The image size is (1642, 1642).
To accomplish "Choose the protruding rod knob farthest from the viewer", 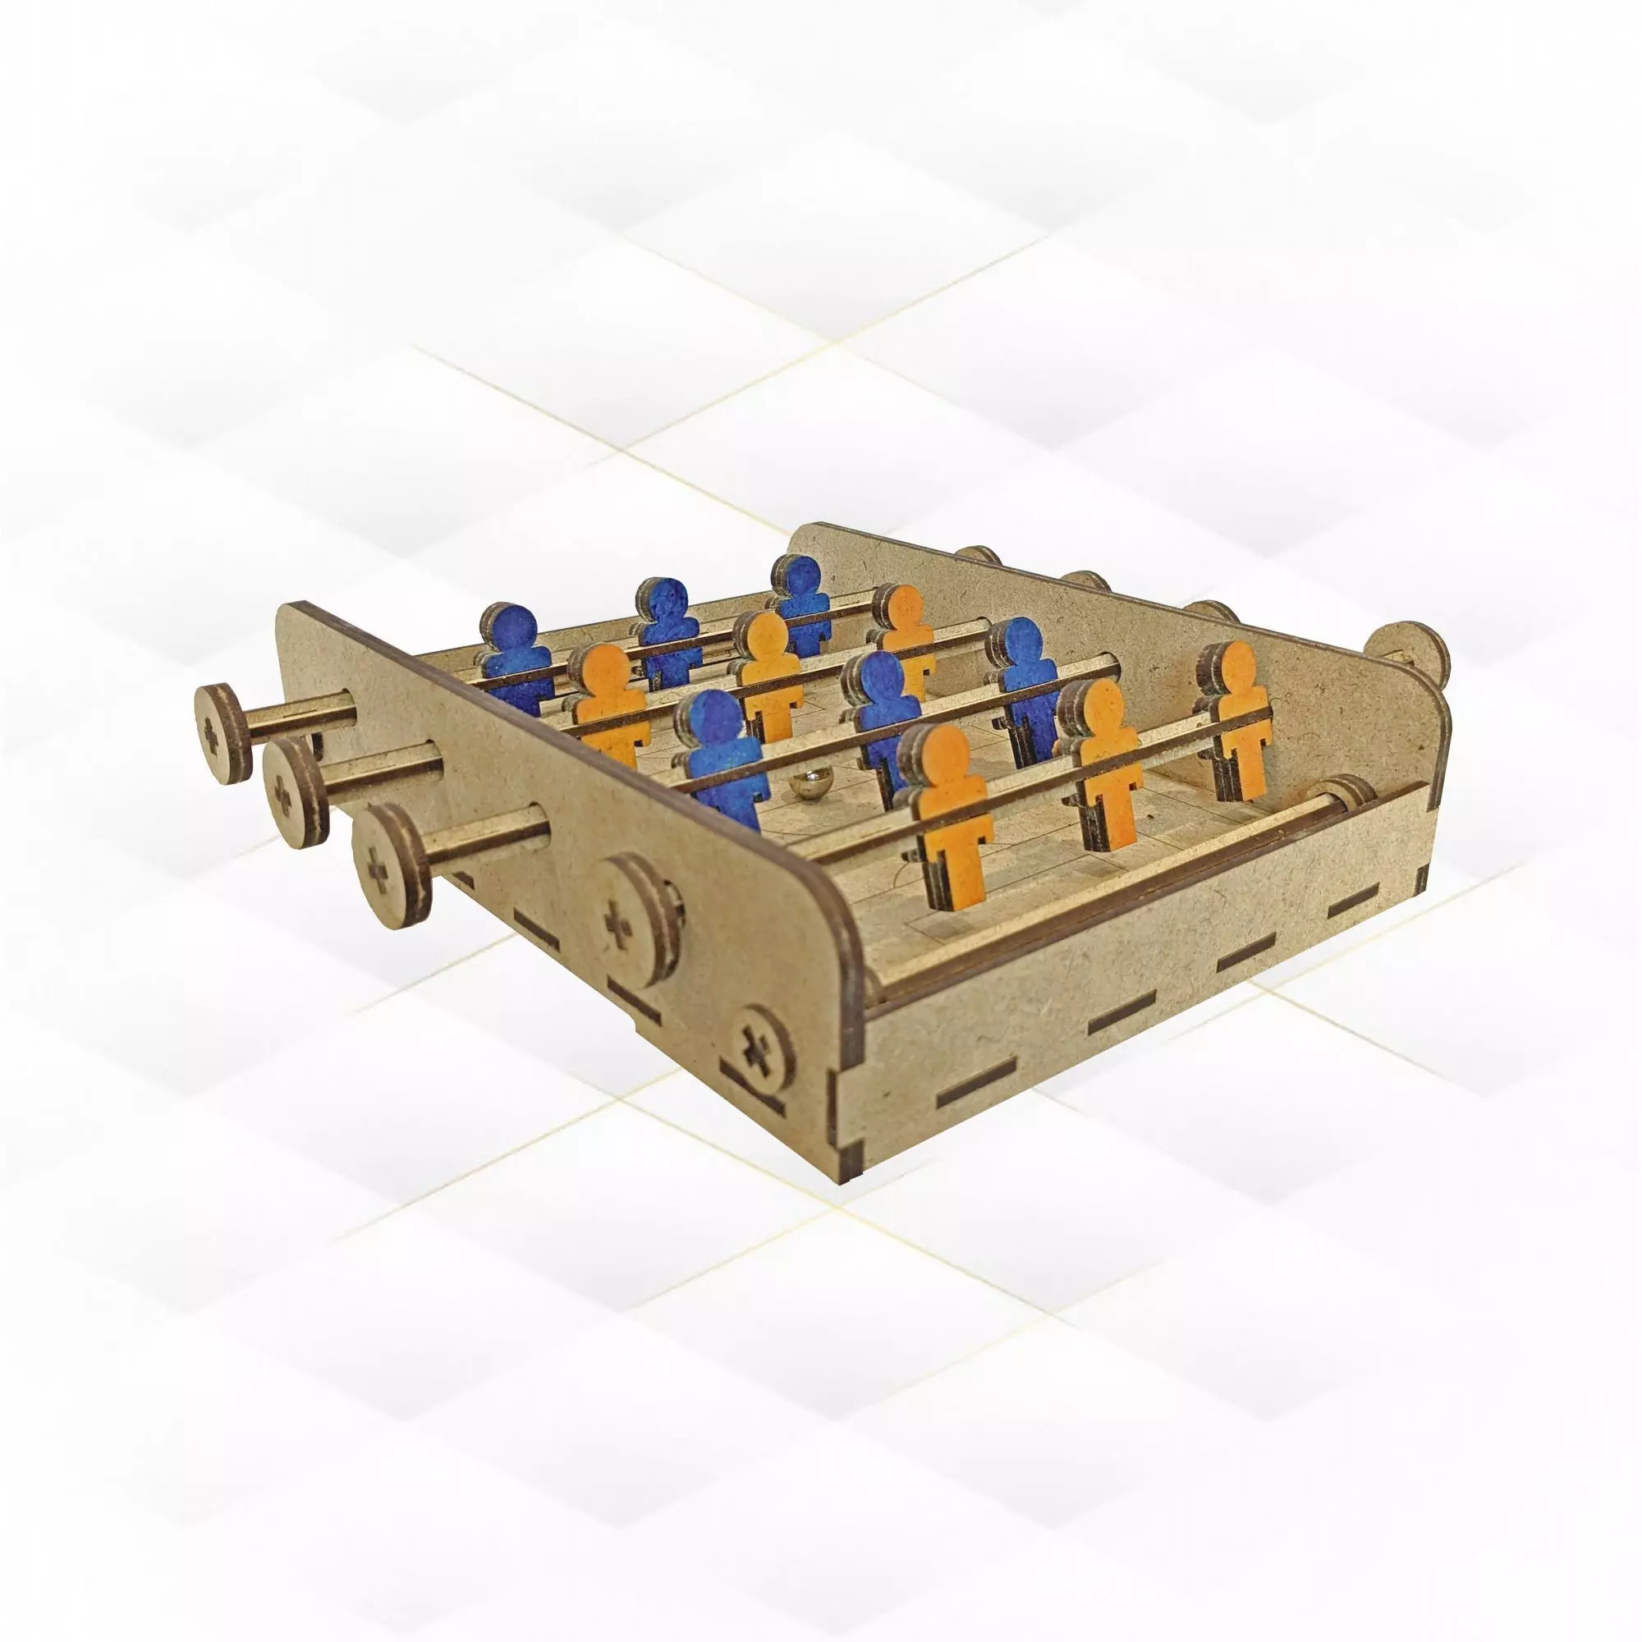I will tap(224, 732).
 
